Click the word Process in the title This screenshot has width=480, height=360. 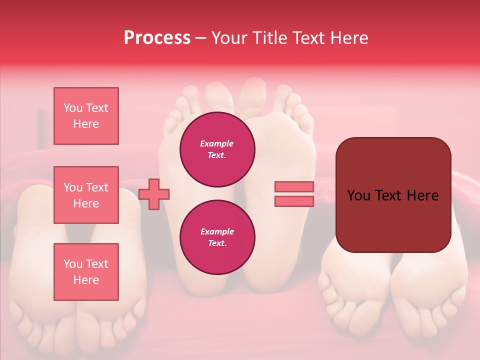pos(157,38)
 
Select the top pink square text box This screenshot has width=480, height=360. pos(86,116)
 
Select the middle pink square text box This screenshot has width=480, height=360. pos(86,195)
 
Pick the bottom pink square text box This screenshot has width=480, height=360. pos(86,272)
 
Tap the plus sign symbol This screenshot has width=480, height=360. pos(154,194)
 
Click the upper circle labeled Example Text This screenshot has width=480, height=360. pos(217,149)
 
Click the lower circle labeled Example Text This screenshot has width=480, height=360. pos(217,237)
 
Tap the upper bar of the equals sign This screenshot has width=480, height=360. pos(294,187)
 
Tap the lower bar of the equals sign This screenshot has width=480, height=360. pos(294,201)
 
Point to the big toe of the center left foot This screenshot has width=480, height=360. pos(218,92)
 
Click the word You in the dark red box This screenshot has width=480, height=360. pos(358,195)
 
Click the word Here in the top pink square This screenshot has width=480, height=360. pos(86,124)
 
